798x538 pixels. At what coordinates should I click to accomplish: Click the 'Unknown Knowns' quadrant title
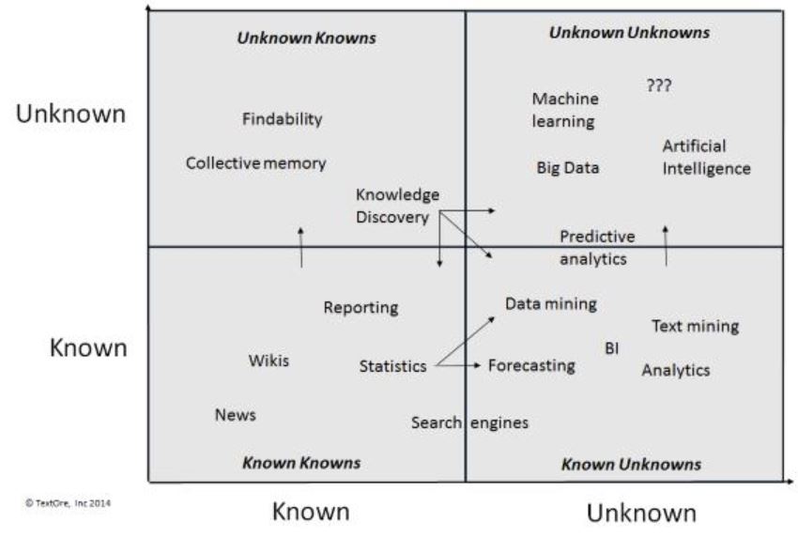306,38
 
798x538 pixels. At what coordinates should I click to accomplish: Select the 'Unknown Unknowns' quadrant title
629,33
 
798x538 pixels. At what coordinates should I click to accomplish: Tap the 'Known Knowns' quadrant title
301,463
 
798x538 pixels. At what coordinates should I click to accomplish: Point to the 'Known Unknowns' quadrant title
631,464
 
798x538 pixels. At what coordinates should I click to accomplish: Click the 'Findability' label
282,119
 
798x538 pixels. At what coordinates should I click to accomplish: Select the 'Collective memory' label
255,163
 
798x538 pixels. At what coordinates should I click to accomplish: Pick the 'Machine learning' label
565,110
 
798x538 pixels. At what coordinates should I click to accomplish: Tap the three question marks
659,85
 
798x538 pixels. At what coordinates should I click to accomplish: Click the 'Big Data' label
567,168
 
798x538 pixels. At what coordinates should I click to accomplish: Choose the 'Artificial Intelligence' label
706,158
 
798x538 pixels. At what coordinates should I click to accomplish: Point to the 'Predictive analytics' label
597,248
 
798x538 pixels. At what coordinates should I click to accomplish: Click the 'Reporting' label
361,308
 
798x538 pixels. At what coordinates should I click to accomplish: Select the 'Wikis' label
269,361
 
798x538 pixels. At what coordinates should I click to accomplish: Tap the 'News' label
235,415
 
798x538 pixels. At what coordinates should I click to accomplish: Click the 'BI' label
612,348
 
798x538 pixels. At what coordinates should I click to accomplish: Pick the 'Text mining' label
695,326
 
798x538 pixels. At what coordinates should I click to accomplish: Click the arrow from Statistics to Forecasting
457,365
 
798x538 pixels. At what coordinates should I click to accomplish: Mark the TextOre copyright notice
68,503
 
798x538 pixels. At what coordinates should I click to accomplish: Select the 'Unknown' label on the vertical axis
70,114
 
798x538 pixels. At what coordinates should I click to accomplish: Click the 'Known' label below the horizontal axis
311,512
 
